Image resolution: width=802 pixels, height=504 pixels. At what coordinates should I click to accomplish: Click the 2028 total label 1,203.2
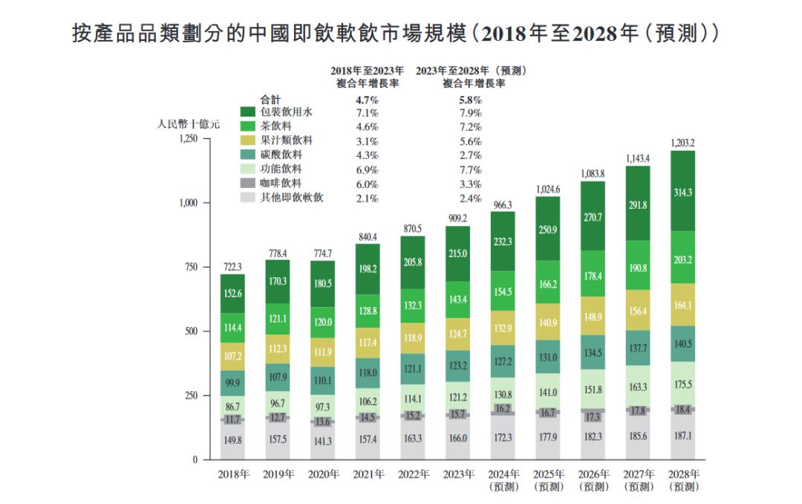pyautogui.click(x=682, y=142)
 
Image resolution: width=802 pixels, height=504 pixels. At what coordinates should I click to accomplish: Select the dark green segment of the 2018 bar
pyautogui.click(x=232, y=294)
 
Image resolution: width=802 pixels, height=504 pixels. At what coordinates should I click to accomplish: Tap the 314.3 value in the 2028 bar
pyautogui.click(x=682, y=191)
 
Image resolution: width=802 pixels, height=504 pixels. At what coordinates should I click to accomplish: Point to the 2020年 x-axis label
pyautogui.click(x=323, y=474)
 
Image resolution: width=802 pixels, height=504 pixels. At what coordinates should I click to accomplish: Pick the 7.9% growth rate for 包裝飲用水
pyautogui.click(x=470, y=113)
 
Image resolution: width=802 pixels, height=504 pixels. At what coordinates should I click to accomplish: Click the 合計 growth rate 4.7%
pyautogui.click(x=367, y=99)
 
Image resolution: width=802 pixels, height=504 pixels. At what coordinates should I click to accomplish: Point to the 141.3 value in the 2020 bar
pyautogui.click(x=323, y=441)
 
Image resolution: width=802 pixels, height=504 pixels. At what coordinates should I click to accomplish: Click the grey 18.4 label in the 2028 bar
pyautogui.click(x=682, y=410)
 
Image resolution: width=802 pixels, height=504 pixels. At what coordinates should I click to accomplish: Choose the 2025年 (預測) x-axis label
pyautogui.click(x=550, y=479)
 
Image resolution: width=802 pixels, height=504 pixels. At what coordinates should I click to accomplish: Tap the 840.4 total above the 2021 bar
pyautogui.click(x=368, y=236)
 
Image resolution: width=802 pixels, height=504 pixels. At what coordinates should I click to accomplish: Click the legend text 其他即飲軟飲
pyautogui.click(x=293, y=198)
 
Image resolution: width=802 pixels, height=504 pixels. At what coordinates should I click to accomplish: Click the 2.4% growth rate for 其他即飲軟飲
pyautogui.click(x=470, y=198)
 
